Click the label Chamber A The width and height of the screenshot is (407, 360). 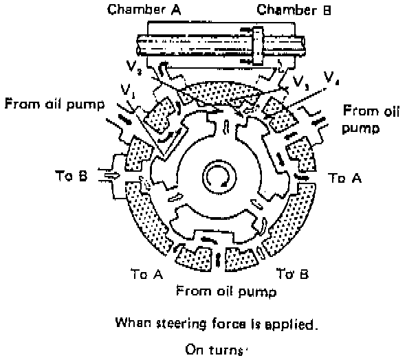[x=144, y=10]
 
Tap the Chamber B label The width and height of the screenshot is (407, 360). [x=294, y=10]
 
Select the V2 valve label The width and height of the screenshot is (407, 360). [x=134, y=67]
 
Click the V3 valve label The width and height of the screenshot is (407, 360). [x=300, y=82]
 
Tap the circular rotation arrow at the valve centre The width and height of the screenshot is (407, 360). [x=219, y=177]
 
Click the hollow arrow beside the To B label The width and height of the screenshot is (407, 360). [x=112, y=176]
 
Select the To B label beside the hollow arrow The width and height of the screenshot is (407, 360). [x=71, y=176]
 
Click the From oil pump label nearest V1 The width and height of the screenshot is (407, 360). [x=54, y=104]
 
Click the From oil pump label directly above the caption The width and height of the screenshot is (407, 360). [x=226, y=291]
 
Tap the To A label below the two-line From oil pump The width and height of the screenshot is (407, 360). [x=344, y=178]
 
